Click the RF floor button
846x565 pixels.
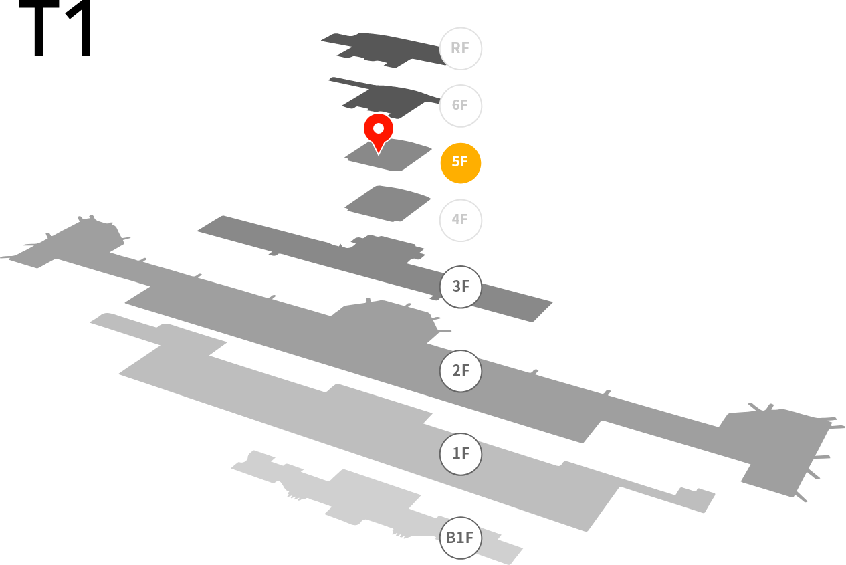460,48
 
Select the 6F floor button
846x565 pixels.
460,106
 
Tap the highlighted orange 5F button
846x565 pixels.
460,162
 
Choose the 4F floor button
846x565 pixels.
460,220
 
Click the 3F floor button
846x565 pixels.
460,287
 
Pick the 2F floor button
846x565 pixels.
460,371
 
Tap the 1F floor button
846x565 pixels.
460,453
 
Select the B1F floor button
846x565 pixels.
460,538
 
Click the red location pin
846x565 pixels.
379,130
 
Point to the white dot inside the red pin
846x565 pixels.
379,129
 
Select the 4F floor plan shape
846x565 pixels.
388,203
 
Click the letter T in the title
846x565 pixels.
39,28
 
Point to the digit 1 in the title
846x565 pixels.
80,28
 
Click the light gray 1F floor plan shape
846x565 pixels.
378,419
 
